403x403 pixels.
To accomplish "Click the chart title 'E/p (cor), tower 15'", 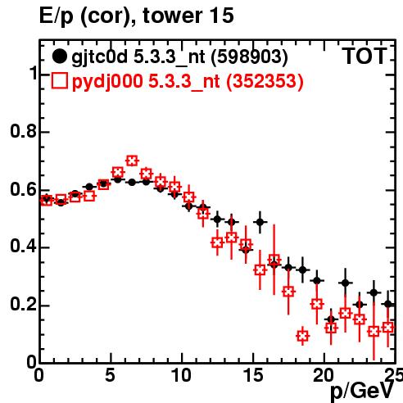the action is (x=137, y=16).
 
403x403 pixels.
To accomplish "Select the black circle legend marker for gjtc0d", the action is (x=59, y=57).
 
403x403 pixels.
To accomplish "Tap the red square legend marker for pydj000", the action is (x=59, y=81).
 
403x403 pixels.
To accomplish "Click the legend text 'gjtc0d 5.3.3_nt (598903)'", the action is (x=179, y=58).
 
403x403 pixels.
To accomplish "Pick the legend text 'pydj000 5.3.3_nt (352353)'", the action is (x=188, y=82).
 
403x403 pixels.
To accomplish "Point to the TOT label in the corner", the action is (x=365, y=57).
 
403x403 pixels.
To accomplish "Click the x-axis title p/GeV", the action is (x=362, y=392).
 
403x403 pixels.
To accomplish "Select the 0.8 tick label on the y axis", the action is (x=23, y=131).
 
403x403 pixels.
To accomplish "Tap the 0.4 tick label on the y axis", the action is (x=23, y=247).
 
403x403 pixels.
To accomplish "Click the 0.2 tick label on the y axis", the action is (x=23, y=305).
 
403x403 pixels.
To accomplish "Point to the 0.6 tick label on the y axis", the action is (x=23, y=189).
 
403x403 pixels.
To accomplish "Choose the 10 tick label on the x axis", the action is (x=182, y=375).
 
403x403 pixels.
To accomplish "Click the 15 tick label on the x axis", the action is (x=253, y=375).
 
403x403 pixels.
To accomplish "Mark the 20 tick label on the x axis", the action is (x=324, y=375).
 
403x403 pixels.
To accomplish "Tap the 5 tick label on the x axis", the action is (x=111, y=375).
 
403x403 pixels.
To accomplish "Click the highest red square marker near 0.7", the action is (x=132, y=161).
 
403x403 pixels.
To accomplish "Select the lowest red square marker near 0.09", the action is (x=302, y=336).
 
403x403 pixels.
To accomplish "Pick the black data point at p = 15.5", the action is (x=260, y=222).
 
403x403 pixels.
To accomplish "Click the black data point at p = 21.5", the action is (x=346, y=283).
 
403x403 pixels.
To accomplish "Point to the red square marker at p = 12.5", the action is (x=217, y=242).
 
